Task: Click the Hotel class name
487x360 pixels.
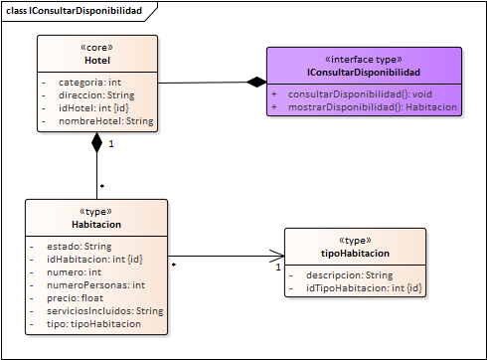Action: click(97, 60)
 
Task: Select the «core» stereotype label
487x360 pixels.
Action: click(97, 47)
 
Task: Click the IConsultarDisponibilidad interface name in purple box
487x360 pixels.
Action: click(365, 73)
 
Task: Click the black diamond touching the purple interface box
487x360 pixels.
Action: click(256, 82)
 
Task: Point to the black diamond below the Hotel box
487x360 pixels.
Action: click(96, 143)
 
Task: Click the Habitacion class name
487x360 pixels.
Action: click(96, 225)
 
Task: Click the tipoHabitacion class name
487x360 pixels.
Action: click(355, 254)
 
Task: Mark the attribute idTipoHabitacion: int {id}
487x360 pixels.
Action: click(359, 287)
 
